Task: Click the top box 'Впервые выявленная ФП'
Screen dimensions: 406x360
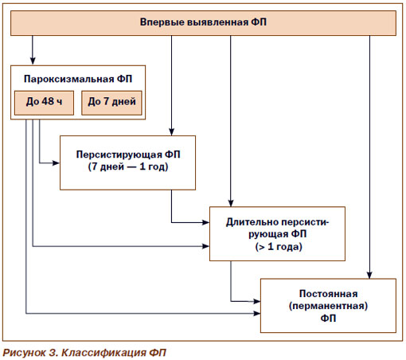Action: (203, 23)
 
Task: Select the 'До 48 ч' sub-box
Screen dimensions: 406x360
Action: (44, 103)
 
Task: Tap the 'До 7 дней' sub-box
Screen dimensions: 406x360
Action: (111, 103)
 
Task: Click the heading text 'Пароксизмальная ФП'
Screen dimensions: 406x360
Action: (78, 79)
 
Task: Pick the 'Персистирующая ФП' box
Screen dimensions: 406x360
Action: (128, 162)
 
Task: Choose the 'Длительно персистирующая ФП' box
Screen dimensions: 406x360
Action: (277, 233)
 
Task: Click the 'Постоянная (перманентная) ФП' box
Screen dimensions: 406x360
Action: (328, 306)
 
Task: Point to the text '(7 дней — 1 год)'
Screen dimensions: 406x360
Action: (128, 166)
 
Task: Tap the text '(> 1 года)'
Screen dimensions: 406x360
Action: (279, 247)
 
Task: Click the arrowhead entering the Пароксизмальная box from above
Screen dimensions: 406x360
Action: (33, 61)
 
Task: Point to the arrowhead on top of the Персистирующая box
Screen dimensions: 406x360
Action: (171, 131)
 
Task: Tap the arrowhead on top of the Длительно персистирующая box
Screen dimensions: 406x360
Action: (231, 202)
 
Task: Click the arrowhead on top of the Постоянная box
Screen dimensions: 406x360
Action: (369, 275)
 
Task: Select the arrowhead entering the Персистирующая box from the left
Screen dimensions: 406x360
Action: (56, 162)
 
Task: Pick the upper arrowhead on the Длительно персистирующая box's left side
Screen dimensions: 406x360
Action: (205, 222)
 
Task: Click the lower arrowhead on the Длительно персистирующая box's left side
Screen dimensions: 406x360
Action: (205, 246)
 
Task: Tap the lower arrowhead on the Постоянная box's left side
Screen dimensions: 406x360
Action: (256, 314)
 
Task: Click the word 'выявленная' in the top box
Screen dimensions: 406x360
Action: (218, 22)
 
